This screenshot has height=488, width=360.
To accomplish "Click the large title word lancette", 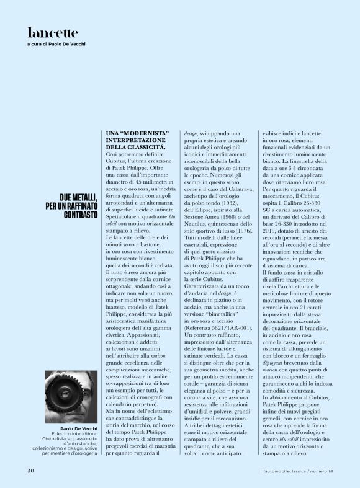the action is point(53,33).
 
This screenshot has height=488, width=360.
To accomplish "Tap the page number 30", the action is point(30,470).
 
